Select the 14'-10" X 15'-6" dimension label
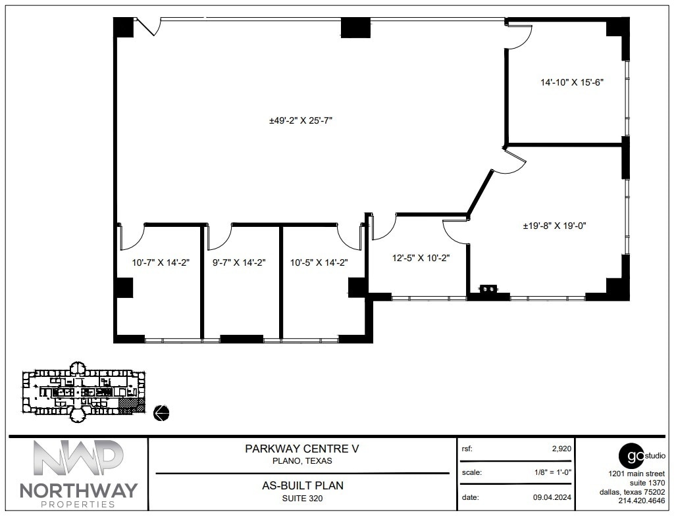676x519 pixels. (572, 82)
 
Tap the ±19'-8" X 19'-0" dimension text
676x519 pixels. (554, 226)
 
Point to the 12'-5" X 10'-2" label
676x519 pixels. (421, 259)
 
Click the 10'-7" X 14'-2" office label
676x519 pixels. (161, 262)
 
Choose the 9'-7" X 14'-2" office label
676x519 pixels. (238, 262)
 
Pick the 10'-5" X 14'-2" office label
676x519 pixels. (319, 262)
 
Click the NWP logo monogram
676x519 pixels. (78, 458)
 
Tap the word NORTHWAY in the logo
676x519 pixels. (78, 490)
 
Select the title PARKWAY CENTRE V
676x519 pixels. (302, 449)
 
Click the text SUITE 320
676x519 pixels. (302, 498)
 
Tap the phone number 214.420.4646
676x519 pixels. (642, 501)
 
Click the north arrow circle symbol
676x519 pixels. (161, 412)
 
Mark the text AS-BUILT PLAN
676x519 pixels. (302, 486)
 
